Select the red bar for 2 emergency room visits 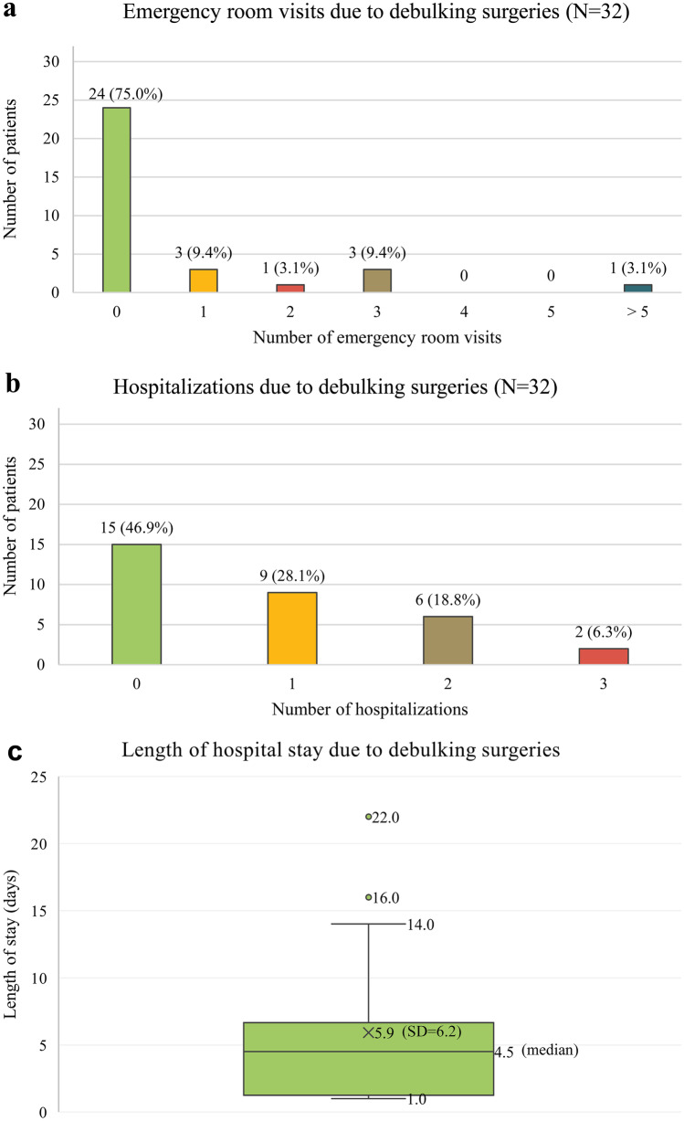click(x=289, y=289)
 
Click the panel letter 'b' click(x=12, y=384)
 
